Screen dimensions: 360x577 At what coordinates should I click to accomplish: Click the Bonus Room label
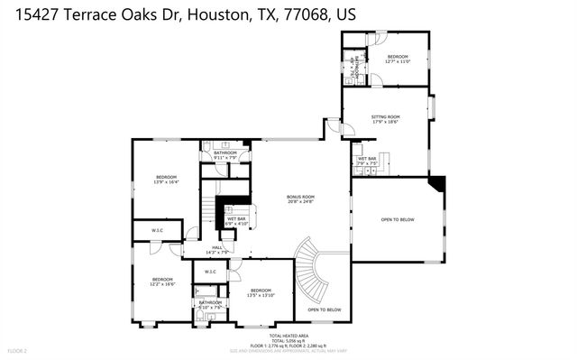coord(300,197)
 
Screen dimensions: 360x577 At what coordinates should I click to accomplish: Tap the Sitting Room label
coord(386,117)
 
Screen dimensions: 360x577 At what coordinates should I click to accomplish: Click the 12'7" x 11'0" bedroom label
coord(398,58)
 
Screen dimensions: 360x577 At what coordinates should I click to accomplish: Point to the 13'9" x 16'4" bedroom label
coord(166,178)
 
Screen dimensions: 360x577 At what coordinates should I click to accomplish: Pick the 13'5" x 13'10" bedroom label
coord(261,291)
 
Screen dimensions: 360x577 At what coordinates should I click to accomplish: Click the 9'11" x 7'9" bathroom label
coord(225,154)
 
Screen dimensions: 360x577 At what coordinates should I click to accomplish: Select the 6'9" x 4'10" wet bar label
coord(236,220)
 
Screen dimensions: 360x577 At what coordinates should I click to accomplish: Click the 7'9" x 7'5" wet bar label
coord(367,161)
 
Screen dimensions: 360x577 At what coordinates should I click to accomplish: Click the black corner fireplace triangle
coord(436,184)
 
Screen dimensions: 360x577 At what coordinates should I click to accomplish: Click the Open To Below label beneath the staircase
coord(324,310)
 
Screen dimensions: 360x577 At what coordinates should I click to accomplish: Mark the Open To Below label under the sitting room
coord(398,218)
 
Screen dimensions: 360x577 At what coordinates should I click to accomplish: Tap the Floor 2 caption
coord(18,350)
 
